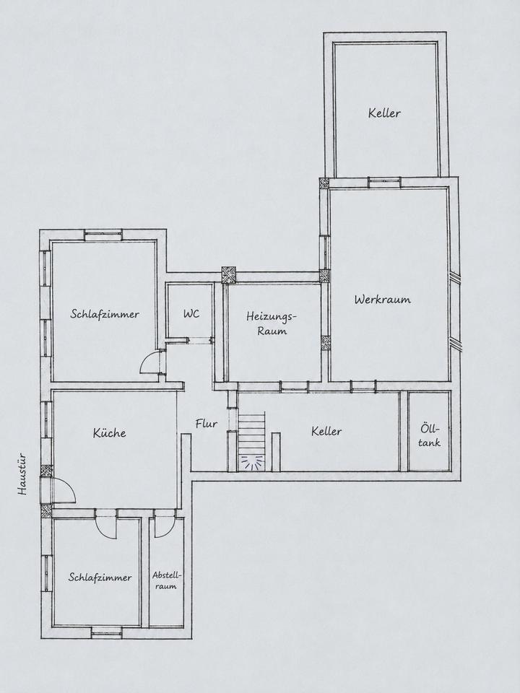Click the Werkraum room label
(383, 300)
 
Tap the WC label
(191, 314)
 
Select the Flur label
(207, 424)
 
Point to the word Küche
(109, 432)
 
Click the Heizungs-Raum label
(272, 323)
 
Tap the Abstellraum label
(167, 580)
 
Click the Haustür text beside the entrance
(22, 474)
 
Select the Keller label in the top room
(384, 113)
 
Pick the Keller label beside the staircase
(326, 431)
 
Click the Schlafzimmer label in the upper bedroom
(105, 314)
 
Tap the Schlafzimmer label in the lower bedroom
(100, 577)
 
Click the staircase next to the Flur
(251, 441)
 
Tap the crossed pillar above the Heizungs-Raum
(229, 274)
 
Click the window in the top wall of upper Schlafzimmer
(104, 237)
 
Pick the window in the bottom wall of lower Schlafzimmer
(106, 632)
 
